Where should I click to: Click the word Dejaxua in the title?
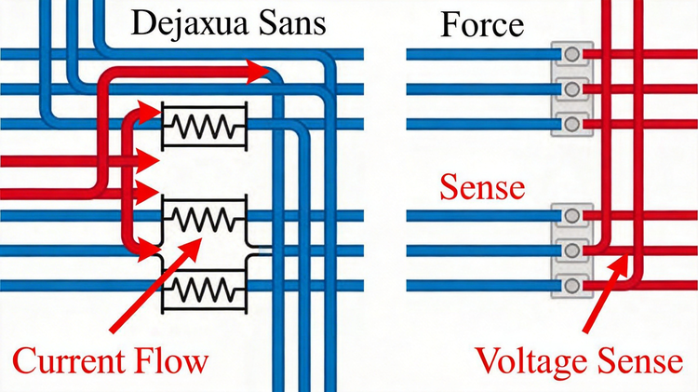coord(189,23)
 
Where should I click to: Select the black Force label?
coord(482,25)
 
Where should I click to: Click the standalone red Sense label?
coord(482,187)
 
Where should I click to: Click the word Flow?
coord(170,361)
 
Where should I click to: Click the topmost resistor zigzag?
coord(204,126)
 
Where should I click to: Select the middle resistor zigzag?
coord(204,219)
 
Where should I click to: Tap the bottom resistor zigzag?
coord(204,289)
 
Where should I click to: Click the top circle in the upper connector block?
coord(572,54)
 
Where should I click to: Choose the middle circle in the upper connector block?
coord(572,89)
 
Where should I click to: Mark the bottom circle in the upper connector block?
coord(572,124)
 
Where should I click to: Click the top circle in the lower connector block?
coord(572,216)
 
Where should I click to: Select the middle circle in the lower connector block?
coord(572,250)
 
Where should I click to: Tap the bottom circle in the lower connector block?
coord(572,285)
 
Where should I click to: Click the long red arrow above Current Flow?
coord(155,285)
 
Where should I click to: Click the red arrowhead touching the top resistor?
coord(149,113)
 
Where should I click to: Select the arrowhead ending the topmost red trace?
coord(258,72)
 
